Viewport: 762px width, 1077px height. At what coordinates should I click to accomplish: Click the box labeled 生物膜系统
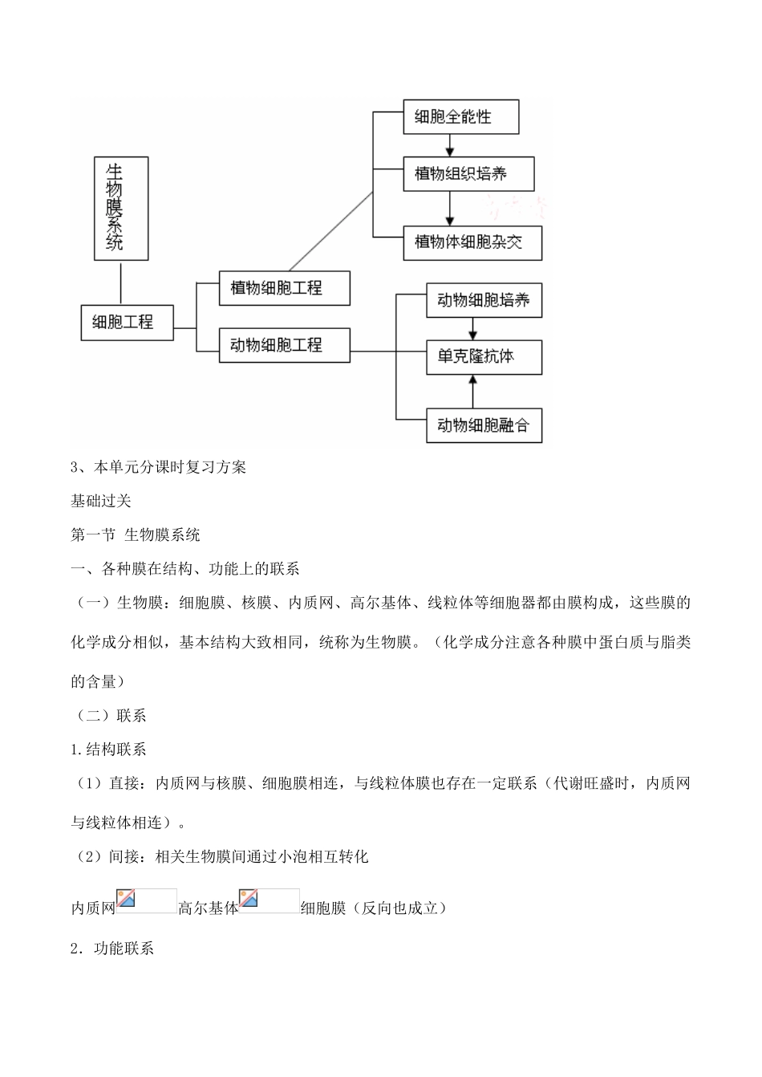coord(121,208)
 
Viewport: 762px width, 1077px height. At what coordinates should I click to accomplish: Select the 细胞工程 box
coord(127,323)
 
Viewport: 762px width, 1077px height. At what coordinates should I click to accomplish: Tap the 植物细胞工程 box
coord(284,288)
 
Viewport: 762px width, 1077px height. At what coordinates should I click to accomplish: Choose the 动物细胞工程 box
coord(284,345)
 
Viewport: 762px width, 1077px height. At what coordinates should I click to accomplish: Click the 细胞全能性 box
coord(460,117)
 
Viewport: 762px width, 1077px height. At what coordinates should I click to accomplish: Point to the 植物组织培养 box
coord(468,173)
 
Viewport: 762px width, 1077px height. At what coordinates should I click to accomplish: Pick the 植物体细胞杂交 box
coord(472,242)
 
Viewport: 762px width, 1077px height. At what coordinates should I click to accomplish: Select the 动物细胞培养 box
coord(484,300)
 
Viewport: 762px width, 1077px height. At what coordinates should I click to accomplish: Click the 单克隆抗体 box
coord(484,356)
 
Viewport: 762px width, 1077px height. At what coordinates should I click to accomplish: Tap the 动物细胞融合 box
coord(484,425)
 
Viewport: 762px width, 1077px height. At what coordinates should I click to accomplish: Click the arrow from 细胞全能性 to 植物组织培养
coord(450,145)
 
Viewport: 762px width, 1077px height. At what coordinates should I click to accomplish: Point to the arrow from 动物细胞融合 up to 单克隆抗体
coord(472,392)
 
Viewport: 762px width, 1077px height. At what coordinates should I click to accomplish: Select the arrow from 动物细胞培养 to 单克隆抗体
coord(472,328)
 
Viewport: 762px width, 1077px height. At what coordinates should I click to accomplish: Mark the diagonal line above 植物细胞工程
coord(330,231)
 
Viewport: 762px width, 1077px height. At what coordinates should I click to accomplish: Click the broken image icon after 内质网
coord(146,901)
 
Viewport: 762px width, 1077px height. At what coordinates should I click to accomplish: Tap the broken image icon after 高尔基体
coord(269,901)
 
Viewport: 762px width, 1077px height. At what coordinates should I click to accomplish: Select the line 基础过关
coord(101,501)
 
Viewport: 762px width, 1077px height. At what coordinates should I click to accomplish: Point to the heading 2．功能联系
coord(112,949)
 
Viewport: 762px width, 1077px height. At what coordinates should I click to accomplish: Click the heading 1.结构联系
coord(109,750)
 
